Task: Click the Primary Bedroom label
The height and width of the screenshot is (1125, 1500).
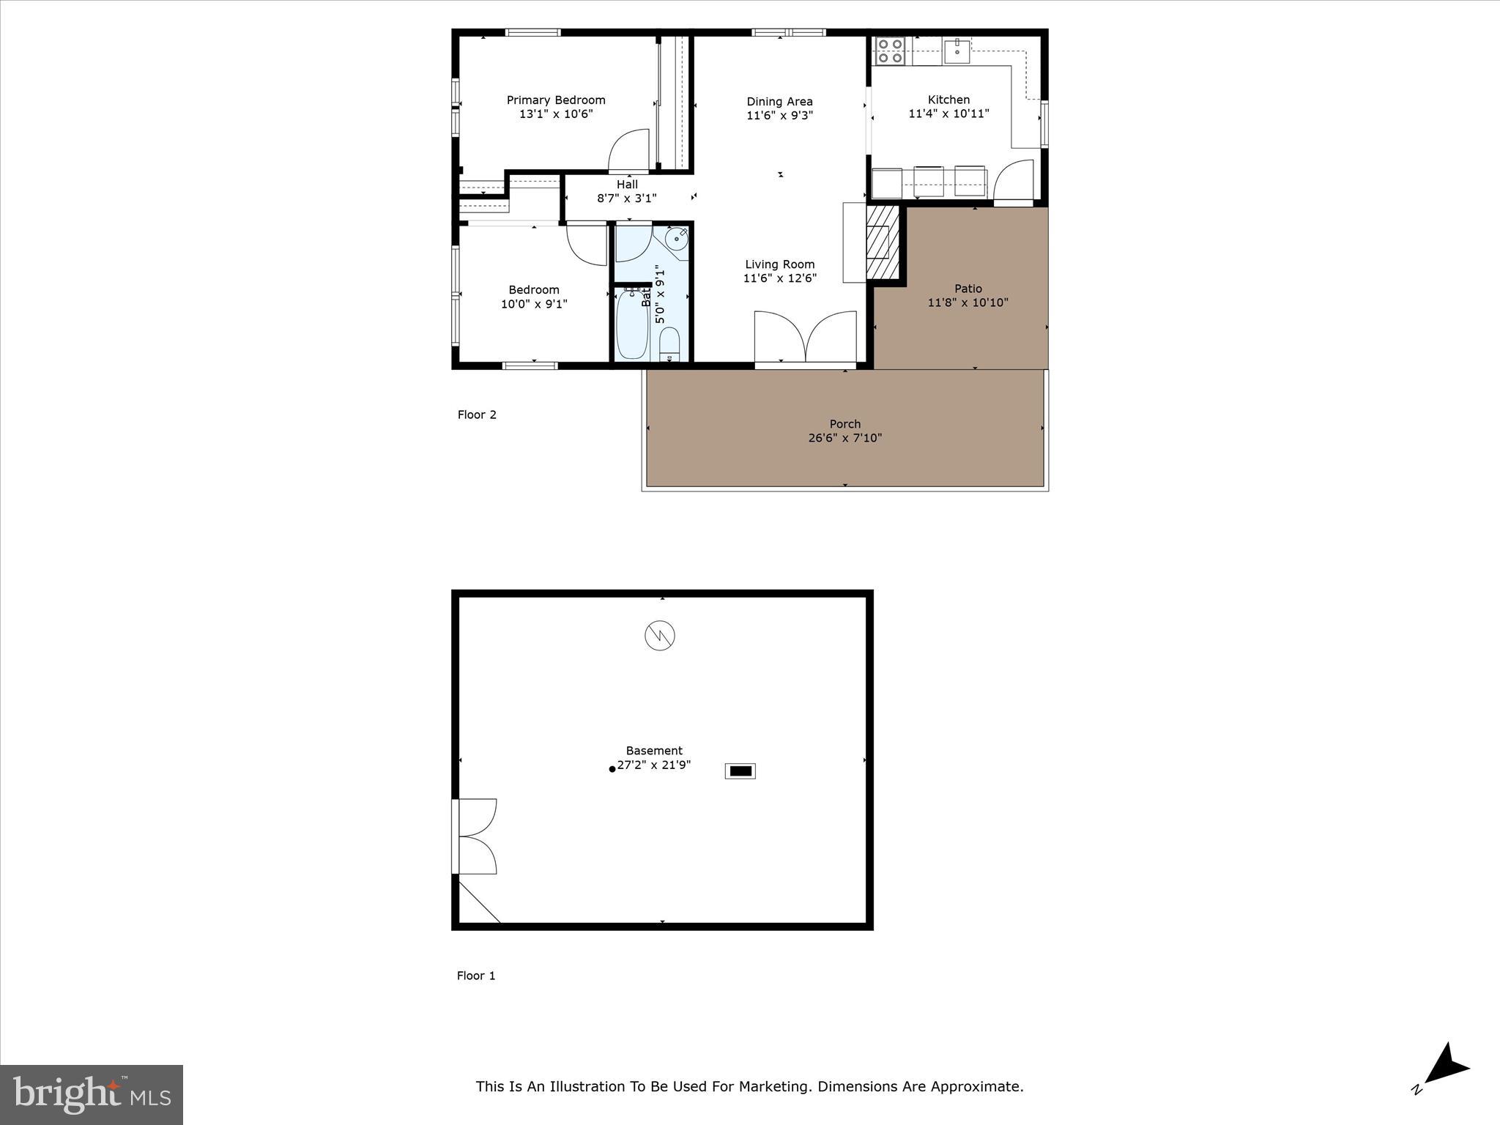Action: point(556,100)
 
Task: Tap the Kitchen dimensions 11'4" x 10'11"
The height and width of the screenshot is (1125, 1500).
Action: point(948,114)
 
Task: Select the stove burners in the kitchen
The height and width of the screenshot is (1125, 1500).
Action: point(890,51)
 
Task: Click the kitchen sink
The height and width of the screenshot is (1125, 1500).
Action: point(957,51)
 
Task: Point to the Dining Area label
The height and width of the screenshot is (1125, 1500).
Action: point(779,102)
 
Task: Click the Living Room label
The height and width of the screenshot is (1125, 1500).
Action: point(779,264)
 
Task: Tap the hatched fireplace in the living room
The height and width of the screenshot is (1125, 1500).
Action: point(883,242)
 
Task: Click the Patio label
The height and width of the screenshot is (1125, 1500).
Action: point(968,289)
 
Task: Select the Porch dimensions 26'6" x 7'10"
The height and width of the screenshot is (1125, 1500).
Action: point(844,438)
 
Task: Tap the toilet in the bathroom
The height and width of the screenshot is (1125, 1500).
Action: point(669,345)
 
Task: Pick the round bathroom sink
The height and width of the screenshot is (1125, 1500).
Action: point(677,237)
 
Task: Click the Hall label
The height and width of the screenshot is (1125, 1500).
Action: point(627,185)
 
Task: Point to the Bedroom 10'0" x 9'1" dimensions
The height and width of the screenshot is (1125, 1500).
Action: point(534,304)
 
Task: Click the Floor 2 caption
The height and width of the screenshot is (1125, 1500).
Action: point(477,415)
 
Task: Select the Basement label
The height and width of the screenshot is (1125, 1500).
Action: point(654,751)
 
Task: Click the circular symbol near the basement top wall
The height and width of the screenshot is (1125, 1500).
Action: point(659,636)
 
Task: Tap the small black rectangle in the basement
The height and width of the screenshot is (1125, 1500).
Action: point(740,771)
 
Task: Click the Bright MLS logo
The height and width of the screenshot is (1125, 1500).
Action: point(92,1094)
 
